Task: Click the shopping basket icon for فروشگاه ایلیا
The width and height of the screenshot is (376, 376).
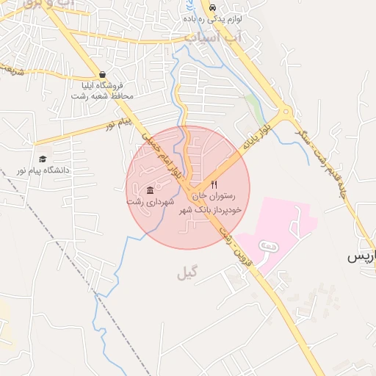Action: click(102, 74)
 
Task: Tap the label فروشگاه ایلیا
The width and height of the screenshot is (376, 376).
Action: click(102, 85)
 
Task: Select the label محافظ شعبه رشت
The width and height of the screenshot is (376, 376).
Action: click(102, 96)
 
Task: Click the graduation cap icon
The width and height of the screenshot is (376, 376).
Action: click(43, 159)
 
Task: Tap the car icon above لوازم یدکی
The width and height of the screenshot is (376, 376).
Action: click(213, 9)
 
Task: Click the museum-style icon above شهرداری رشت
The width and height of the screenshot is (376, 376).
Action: click(151, 190)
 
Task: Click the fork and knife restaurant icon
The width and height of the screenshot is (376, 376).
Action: click(214, 185)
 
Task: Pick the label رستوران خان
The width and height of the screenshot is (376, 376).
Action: click(214, 196)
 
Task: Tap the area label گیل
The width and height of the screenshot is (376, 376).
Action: click(187, 274)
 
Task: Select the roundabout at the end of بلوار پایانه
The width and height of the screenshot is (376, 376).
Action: click(284, 115)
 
